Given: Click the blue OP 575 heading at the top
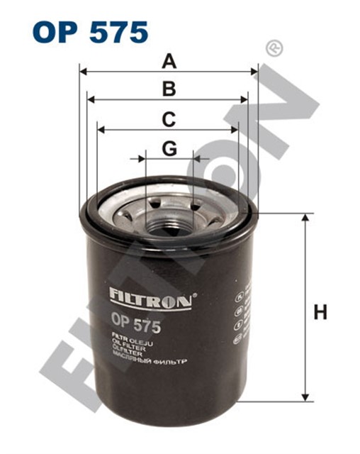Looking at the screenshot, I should (x=90, y=32).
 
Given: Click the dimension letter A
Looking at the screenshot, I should (x=169, y=62).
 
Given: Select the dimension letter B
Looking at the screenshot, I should (x=169, y=89).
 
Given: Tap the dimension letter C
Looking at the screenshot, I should (x=168, y=120).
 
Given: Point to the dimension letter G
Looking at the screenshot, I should (x=169, y=148).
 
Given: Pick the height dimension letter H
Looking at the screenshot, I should (x=321, y=311).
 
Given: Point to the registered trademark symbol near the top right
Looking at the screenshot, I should (x=271, y=49).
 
